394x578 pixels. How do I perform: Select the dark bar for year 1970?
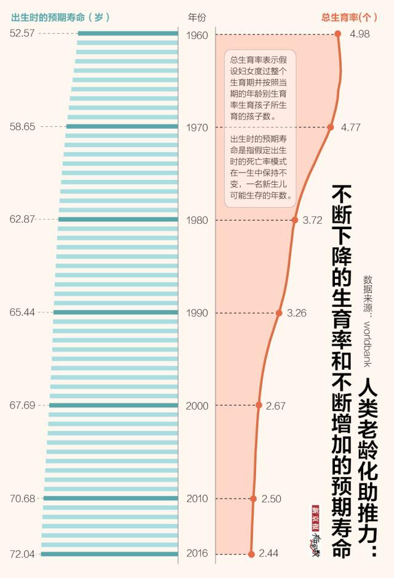122,126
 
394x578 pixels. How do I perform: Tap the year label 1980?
197,220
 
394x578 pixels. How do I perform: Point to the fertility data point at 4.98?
338,34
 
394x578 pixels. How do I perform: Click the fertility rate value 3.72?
313,220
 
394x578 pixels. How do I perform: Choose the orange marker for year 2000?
259,405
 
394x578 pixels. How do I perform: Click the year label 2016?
197,554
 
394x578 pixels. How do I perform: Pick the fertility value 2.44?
269,553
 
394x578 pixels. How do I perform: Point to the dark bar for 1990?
115,312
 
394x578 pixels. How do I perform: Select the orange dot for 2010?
253,498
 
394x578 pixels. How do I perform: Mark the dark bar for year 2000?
113,405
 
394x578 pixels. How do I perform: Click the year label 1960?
197,35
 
